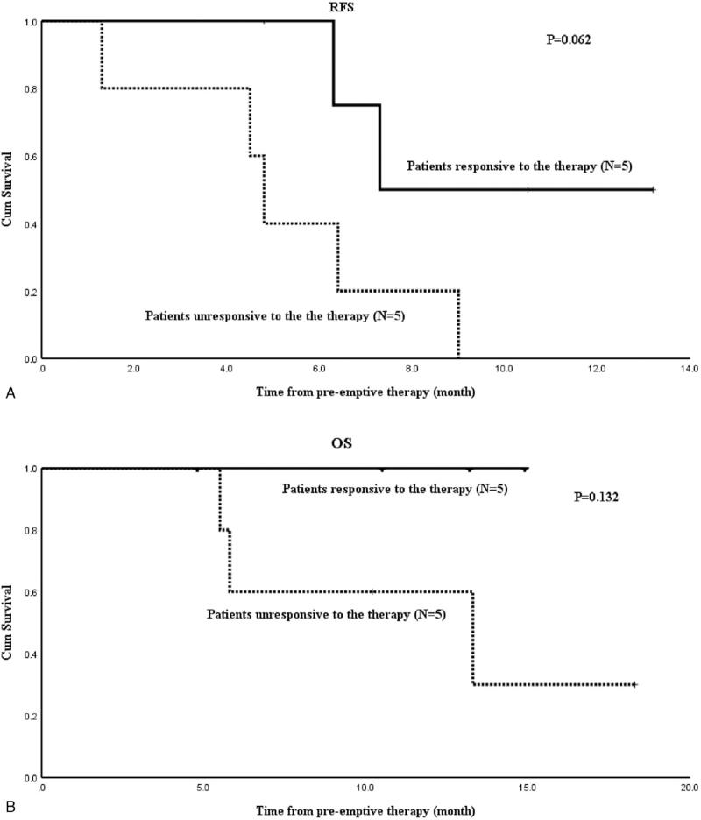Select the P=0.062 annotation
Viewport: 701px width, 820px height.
pos(569,39)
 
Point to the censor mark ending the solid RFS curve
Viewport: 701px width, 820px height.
pos(654,189)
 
